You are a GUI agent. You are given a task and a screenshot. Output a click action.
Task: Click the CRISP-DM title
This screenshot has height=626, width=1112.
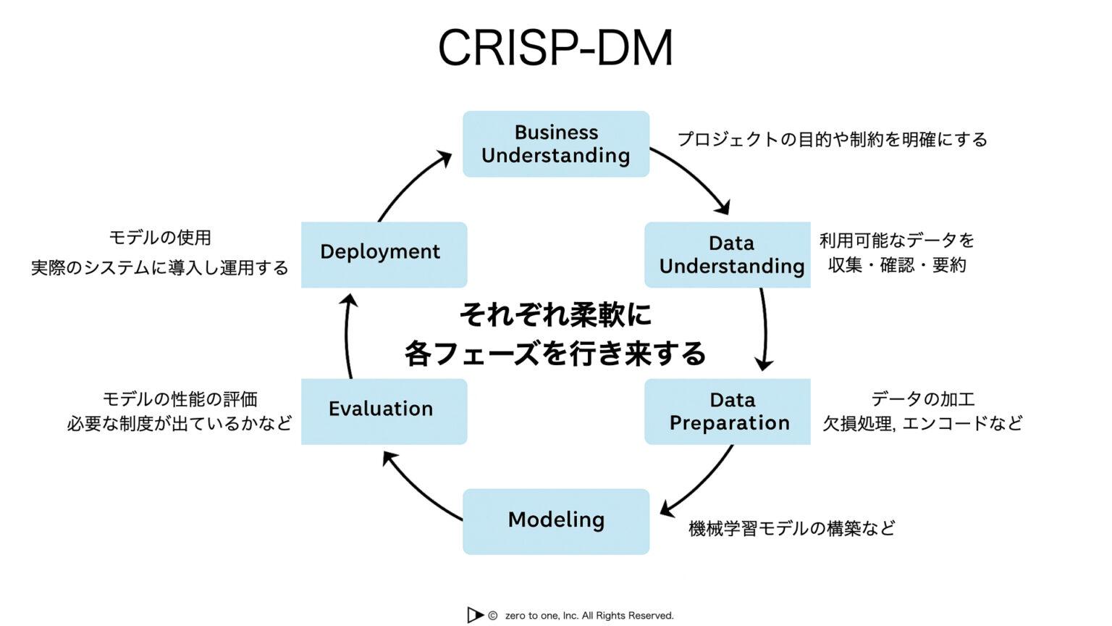point(555,49)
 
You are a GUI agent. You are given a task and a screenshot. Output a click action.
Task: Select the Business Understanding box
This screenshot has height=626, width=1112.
point(556,143)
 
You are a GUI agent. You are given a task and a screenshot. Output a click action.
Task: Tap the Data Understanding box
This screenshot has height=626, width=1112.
point(728,254)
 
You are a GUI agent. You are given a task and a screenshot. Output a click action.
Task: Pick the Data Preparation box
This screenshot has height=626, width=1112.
point(728,411)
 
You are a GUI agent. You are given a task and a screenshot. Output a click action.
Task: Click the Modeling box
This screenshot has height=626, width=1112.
point(556,521)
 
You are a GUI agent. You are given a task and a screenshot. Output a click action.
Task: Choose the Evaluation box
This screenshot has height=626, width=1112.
point(384,411)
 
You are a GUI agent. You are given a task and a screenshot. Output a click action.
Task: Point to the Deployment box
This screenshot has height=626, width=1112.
point(384,254)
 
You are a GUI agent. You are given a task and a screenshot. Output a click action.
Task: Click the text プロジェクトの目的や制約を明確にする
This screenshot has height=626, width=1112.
point(832,139)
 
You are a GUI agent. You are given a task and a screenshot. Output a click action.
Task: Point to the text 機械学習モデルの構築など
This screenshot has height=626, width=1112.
point(791,528)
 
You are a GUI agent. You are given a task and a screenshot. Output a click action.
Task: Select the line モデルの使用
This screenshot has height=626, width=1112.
point(160,238)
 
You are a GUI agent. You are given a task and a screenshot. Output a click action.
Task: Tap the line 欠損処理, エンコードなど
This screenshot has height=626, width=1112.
point(922,423)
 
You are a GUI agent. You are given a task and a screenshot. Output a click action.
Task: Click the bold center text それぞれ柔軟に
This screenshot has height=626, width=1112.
point(555,314)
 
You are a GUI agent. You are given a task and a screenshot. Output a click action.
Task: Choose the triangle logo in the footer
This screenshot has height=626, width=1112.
point(475,615)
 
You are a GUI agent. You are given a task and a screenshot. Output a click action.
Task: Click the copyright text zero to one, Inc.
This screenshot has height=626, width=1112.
point(589,616)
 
